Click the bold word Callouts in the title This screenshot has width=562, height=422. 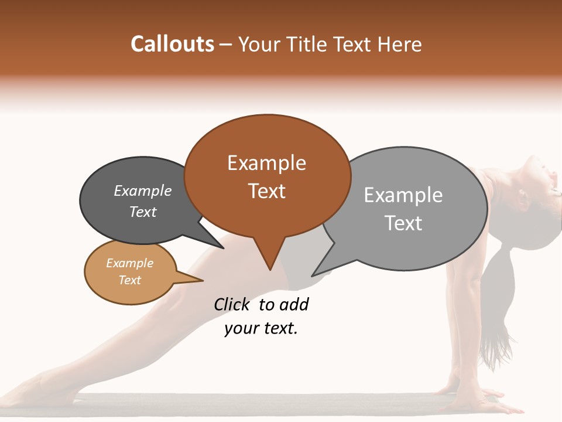[x=172, y=44]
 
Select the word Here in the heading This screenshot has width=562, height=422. [x=400, y=44]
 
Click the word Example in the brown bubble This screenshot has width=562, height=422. [x=266, y=163]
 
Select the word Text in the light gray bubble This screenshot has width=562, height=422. [x=403, y=223]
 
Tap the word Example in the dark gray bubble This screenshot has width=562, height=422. [x=143, y=191]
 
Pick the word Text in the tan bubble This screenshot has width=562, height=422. [x=130, y=280]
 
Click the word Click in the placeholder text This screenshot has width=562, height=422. [x=232, y=304]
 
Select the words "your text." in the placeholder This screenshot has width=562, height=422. [x=261, y=328]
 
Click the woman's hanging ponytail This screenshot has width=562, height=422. [x=501, y=305]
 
